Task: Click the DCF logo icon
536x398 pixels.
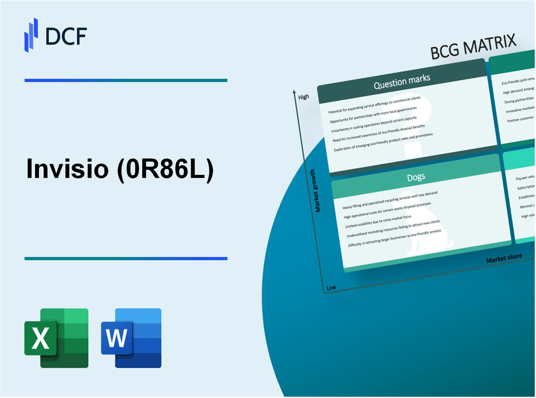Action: (31, 35)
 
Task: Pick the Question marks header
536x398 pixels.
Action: (402, 83)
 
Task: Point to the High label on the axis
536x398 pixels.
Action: (304, 97)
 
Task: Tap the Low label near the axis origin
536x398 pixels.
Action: (331, 287)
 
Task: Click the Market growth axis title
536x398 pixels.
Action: (318, 190)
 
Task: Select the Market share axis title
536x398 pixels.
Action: (504, 258)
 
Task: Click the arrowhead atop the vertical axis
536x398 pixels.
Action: (294, 92)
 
